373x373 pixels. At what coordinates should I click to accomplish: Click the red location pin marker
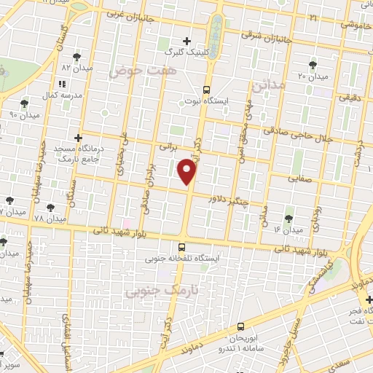point(188,172)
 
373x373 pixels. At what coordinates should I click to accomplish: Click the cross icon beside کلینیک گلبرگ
point(187,41)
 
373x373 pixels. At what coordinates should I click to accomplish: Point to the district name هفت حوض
point(133,71)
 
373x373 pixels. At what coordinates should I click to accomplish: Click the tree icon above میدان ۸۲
point(76,55)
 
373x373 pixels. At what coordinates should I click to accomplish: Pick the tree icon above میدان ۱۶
point(289,217)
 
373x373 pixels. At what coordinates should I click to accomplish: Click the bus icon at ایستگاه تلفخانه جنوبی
point(192,246)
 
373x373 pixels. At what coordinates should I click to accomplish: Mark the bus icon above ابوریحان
point(241,326)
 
